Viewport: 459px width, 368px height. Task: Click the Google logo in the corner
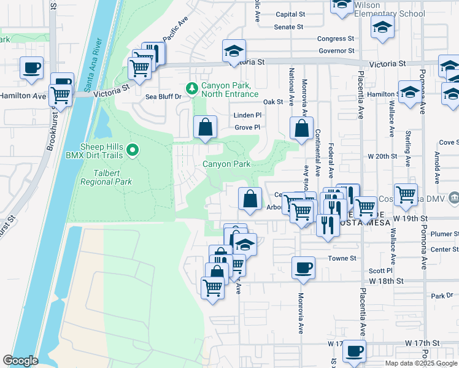point(20,361)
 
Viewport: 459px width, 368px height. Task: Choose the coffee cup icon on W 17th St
point(353,351)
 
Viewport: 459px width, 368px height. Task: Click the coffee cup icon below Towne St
point(303,268)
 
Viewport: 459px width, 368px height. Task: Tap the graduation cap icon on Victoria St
point(234,52)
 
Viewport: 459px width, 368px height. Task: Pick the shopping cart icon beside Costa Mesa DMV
point(406,195)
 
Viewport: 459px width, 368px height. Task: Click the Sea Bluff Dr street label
point(163,97)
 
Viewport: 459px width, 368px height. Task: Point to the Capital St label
point(290,14)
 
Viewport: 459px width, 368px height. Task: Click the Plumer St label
point(445,234)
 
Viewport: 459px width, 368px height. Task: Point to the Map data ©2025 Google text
point(420,363)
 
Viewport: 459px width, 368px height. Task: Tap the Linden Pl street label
point(247,115)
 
